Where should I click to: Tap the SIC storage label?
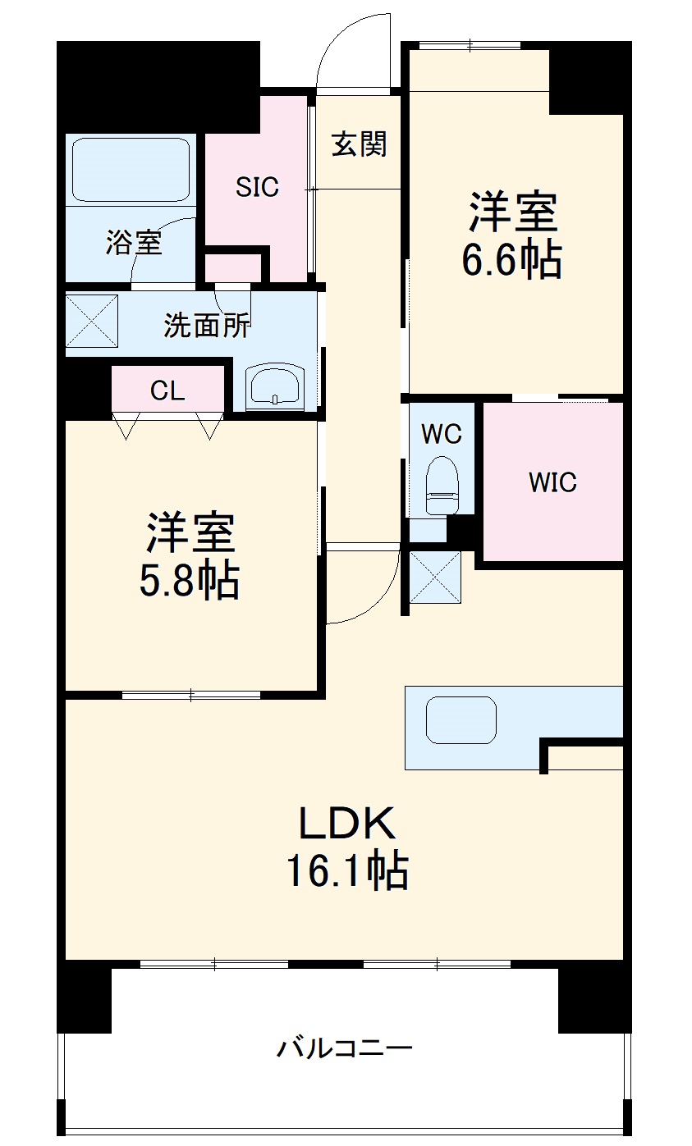pyautogui.click(x=257, y=187)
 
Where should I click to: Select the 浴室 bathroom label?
pyautogui.click(x=133, y=243)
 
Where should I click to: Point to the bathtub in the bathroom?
pyautogui.click(x=131, y=169)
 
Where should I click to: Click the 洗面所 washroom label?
pyautogui.click(x=207, y=326)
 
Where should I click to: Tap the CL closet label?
pyautogui.click(x=167, y=391)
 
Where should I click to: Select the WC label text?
pyautogui.click(x=442, y=434)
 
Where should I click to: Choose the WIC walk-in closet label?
pyautogui.click(x=552, y=482)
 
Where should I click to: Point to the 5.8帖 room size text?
pyautogui.click(x=190, y=582)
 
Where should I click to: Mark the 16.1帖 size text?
pyautogui.click(x=346, y=871)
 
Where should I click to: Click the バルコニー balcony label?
pyautogui.click(x=344, y=1048)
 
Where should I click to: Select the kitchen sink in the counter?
pyautogui.click(x=461, y=719)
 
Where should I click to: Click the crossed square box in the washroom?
pyautogui.click(x=92, y=319)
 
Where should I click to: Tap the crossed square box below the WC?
pyautogui.click(x=435, y=577)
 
